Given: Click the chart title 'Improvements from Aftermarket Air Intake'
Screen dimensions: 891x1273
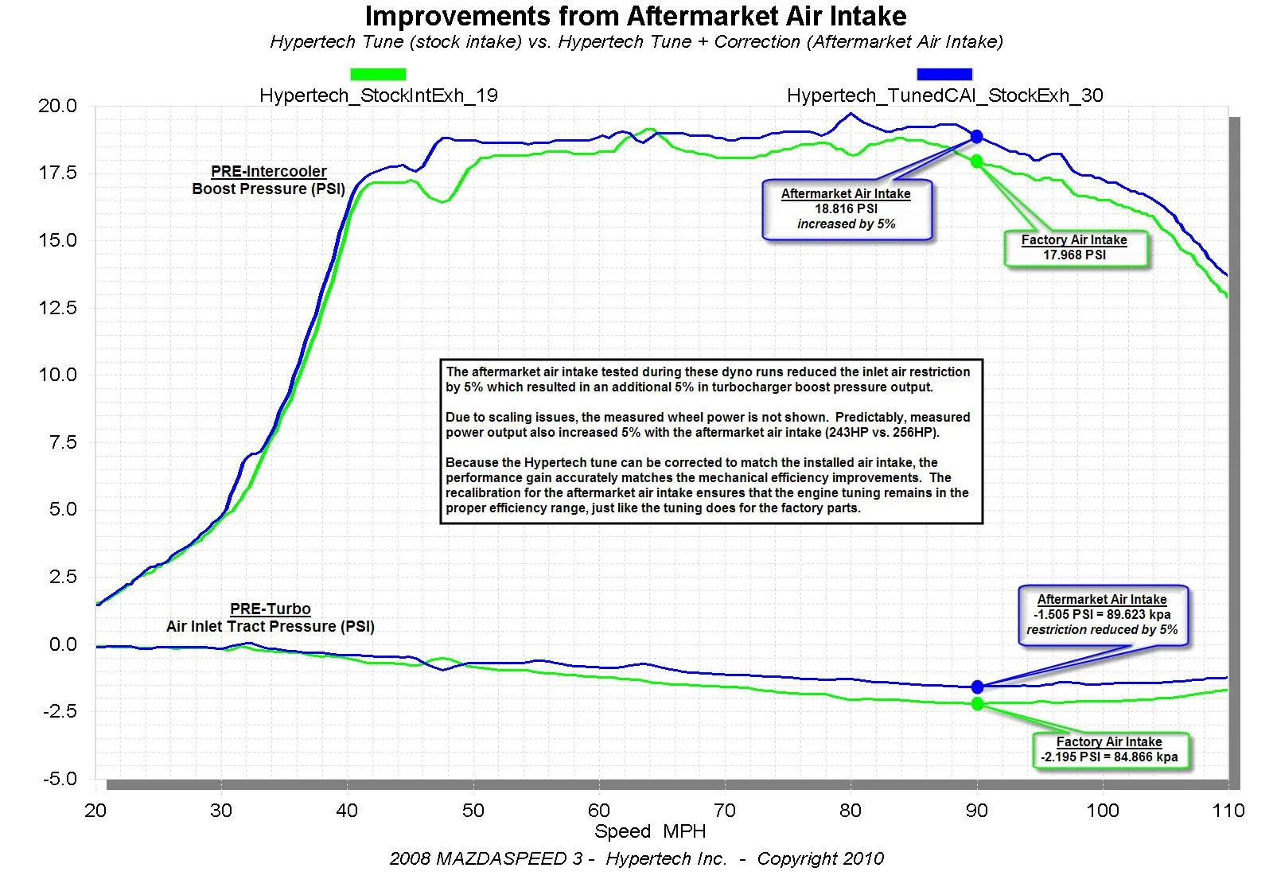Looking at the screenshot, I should [636, 16].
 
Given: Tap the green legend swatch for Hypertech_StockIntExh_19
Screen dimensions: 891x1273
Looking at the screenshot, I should [378, 74].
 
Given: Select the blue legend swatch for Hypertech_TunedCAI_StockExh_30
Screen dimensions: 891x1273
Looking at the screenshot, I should [944, 74].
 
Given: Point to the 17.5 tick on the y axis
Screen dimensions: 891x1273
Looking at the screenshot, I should [57, 173].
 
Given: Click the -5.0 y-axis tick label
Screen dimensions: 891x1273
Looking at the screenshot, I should [60, 779].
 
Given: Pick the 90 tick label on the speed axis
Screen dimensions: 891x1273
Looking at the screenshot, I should [976, 811].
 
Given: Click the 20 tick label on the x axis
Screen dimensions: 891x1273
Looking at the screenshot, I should [95, 811].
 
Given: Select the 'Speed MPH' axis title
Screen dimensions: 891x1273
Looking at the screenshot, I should [650, 831].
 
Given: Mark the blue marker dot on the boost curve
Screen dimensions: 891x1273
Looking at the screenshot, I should [976, 137].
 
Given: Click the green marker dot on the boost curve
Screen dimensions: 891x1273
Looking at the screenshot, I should [976, 161].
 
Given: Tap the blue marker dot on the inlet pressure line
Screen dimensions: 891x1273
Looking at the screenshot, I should [977, 687].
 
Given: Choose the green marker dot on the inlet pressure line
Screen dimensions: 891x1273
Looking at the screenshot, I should [977, 704].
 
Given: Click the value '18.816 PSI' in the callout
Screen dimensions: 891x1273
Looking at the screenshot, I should [846, 209].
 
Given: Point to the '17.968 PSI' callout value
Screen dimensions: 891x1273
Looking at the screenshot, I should [1074, 255].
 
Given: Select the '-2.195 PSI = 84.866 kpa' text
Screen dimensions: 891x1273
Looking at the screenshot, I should [1109, 757].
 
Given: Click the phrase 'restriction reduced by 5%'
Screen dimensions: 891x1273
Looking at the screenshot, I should [1102, 630].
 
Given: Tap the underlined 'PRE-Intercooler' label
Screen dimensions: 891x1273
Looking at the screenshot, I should [269, 171].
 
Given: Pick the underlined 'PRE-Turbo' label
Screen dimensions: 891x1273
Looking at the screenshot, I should [271, 609].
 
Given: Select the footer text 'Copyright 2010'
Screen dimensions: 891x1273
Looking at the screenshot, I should [820, 859].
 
